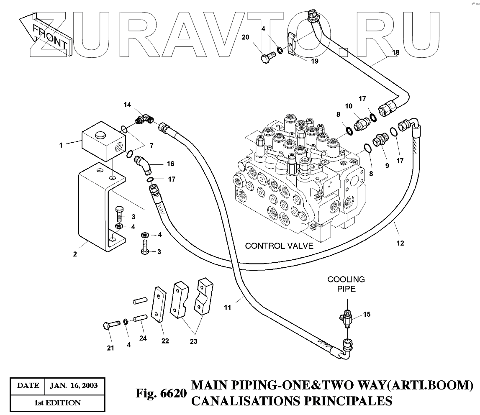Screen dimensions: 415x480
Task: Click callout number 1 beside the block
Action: point(61,146)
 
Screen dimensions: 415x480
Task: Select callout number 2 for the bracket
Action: point(75,254)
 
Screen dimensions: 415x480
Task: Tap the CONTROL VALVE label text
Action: point(279,246)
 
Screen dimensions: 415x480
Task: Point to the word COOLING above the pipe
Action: point(346,279)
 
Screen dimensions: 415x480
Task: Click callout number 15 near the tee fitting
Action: point(367,314)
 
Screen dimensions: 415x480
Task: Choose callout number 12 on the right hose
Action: point(400,243)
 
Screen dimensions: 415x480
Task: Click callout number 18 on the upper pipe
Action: point(396,52)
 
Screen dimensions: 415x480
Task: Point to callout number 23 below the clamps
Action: point(193,341)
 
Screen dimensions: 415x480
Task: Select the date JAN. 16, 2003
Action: point(74,385)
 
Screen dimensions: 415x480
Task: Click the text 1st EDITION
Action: point(57,403)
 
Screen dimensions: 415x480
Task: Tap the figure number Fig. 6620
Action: point(160,394)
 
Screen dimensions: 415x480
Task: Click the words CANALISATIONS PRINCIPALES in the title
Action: point(292,401)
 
